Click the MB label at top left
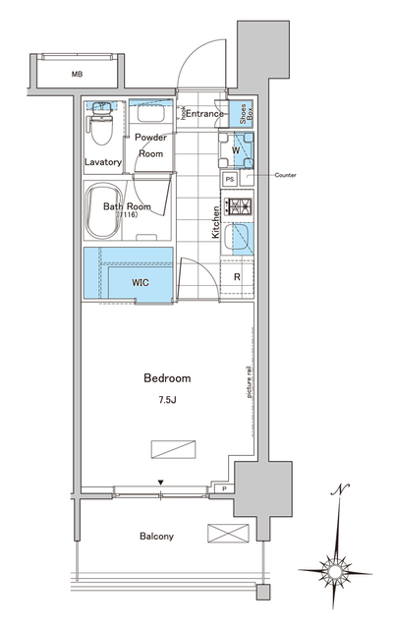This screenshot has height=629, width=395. pyautogui.click(x=76, y=74)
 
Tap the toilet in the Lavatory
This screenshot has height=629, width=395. pyautogui.click(x=98, y=127)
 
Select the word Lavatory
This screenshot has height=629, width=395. pyautogui.click(x=102, y=162)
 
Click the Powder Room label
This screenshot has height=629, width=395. pyautogui.click(x=149, y=146)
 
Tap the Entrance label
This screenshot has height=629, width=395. pyautogui.click(x=205, y=114)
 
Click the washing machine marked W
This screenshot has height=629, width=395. pyautogui.click(x=235, y=150)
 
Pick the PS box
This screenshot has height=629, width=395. pyautogui.click(x=230, y=180)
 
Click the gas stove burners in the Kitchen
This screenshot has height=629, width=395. pyautogui.click(x=239, y=206)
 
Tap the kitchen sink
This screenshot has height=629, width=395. pyautogui.click(x=239, y=238)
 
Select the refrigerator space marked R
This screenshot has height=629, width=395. pyautogui.click(x=237, y=276)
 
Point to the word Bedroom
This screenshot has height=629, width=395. pyautogui.click(x=167, y=377)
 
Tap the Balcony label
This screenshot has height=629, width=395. pyautogui.click(x=154, y=536)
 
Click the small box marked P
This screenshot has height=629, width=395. pyautogui.click(x=225, y=488)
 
